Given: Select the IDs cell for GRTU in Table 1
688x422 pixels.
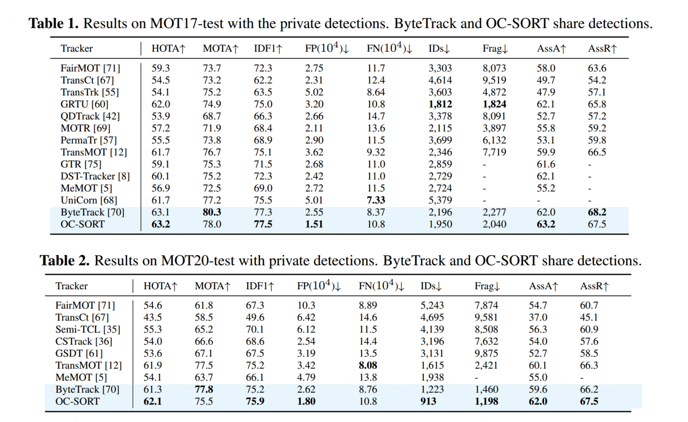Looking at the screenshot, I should coord(440,104).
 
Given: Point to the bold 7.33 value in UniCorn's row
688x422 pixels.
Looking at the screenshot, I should coord(376,200).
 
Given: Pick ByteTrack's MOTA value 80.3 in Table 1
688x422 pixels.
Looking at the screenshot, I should coord(212,212).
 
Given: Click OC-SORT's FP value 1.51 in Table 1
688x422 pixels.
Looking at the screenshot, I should coord(314,224).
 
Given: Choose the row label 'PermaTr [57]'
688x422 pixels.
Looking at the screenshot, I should coord(89,140).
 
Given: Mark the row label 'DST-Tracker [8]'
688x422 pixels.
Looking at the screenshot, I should coord(95,176).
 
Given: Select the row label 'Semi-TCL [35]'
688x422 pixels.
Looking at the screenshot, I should coord(88,329).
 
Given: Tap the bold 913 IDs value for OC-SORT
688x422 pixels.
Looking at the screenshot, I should coord(428,401).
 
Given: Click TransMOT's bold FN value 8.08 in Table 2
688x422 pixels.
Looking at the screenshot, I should coord(368,366).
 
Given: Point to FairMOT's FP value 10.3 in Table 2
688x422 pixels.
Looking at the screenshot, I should coord(306,305).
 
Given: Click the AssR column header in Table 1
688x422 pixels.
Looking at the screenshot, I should coord(602,48).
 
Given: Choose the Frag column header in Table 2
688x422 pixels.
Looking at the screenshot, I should coord(487,286).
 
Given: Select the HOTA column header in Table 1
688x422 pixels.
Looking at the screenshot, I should coord(169,48).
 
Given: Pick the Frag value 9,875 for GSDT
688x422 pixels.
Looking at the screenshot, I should coord(486,353).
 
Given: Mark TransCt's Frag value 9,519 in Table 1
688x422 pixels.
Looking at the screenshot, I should coord(494,80).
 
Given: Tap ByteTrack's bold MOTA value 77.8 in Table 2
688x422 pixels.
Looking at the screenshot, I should coord(204,390).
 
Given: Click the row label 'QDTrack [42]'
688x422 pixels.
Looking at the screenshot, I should coord(90,116).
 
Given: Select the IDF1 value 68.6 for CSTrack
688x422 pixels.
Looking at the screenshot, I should coord(255,342).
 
